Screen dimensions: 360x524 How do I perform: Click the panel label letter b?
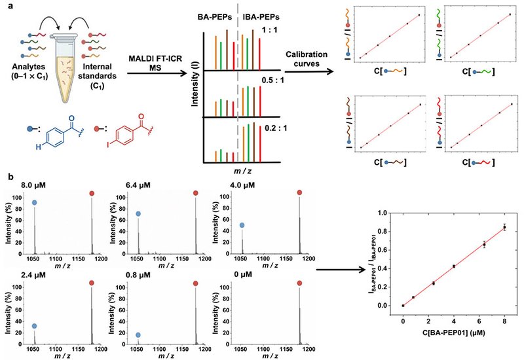8,176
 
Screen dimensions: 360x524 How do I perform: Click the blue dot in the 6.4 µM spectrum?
138,214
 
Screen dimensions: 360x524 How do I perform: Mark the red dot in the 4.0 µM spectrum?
299,192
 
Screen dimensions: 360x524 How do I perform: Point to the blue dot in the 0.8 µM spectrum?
138,334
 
